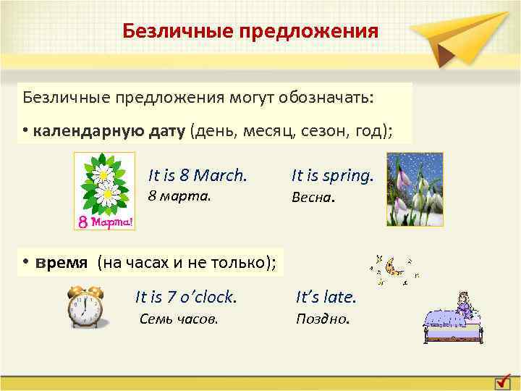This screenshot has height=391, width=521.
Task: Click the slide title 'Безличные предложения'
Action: coord(250,31)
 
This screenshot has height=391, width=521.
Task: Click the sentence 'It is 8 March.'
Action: coord(198,175)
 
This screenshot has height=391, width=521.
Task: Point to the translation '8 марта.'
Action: coord(179,195)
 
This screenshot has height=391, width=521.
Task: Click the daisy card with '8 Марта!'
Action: coord(104,191)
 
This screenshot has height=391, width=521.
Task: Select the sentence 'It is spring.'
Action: coord(332,175)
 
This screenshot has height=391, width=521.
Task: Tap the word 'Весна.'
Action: coord(313,197)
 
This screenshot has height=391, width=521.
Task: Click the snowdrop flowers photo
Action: coord(415,190)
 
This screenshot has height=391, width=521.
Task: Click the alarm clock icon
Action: coord(85,306)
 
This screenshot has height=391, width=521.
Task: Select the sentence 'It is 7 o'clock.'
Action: coord(186,297)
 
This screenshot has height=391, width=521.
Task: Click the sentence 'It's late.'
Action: coord(326,297)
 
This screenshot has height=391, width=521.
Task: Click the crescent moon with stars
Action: coord(394,267)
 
